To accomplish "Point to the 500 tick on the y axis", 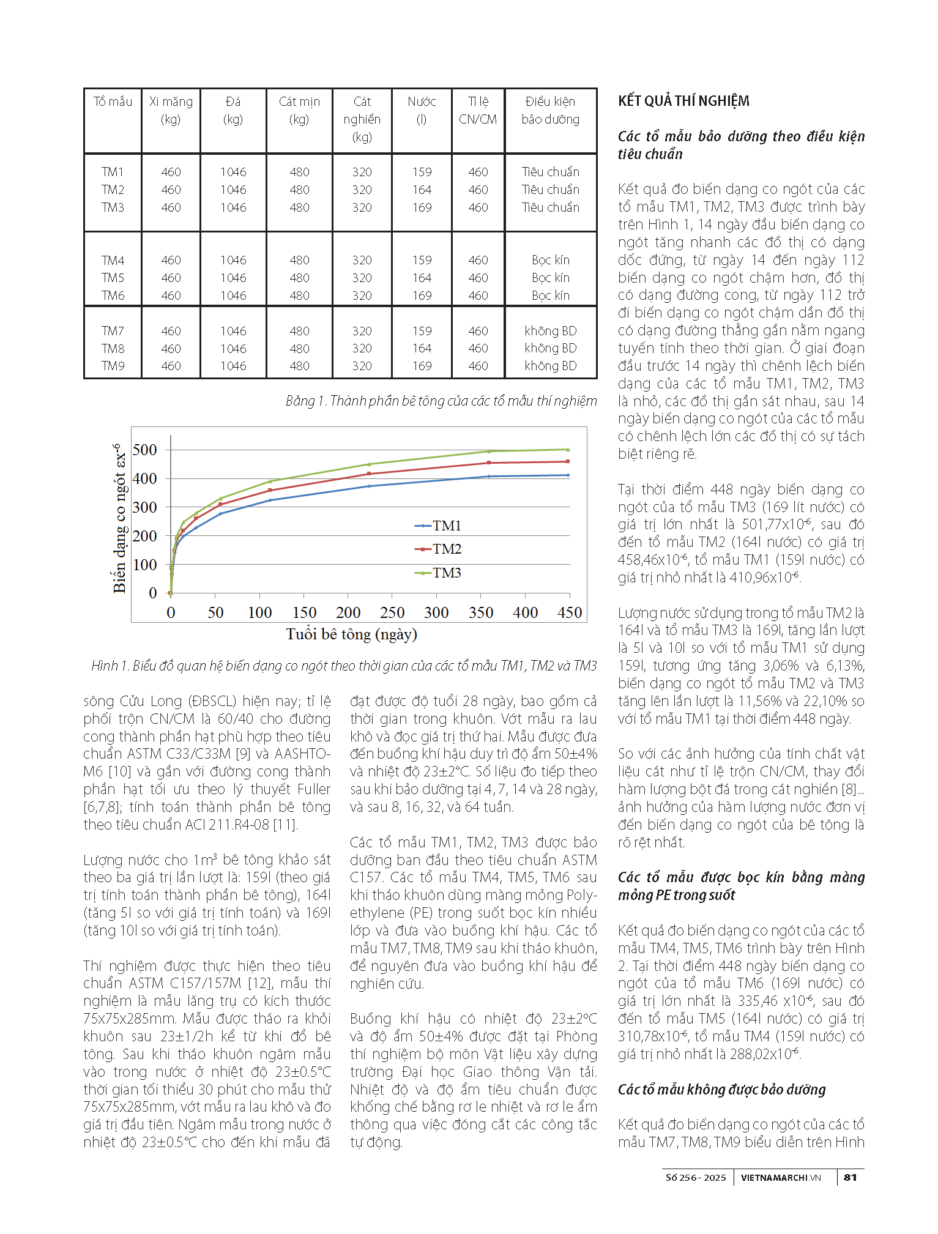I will (x=145, y=450).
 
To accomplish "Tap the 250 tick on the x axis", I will (x=392, y=612).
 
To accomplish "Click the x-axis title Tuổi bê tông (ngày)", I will (x=351, y=634).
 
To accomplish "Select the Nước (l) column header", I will (x=422, y=110).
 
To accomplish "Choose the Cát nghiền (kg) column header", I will (x=362, y=119).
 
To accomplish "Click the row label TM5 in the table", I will (x=113, y=278).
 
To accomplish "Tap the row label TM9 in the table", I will (x=113, y=366).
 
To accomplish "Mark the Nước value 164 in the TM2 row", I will (x=422, y=190).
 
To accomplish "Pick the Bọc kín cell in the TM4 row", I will (x=550, y=260).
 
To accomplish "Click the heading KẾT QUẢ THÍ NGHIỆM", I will (x=683, y=101).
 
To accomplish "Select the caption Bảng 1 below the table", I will (x=441, y=401).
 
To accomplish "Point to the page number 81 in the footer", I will (x=850, y=1177).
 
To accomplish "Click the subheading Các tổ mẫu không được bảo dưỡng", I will (x=721, y=1089).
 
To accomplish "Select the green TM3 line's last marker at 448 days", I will (x=568, y=450).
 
